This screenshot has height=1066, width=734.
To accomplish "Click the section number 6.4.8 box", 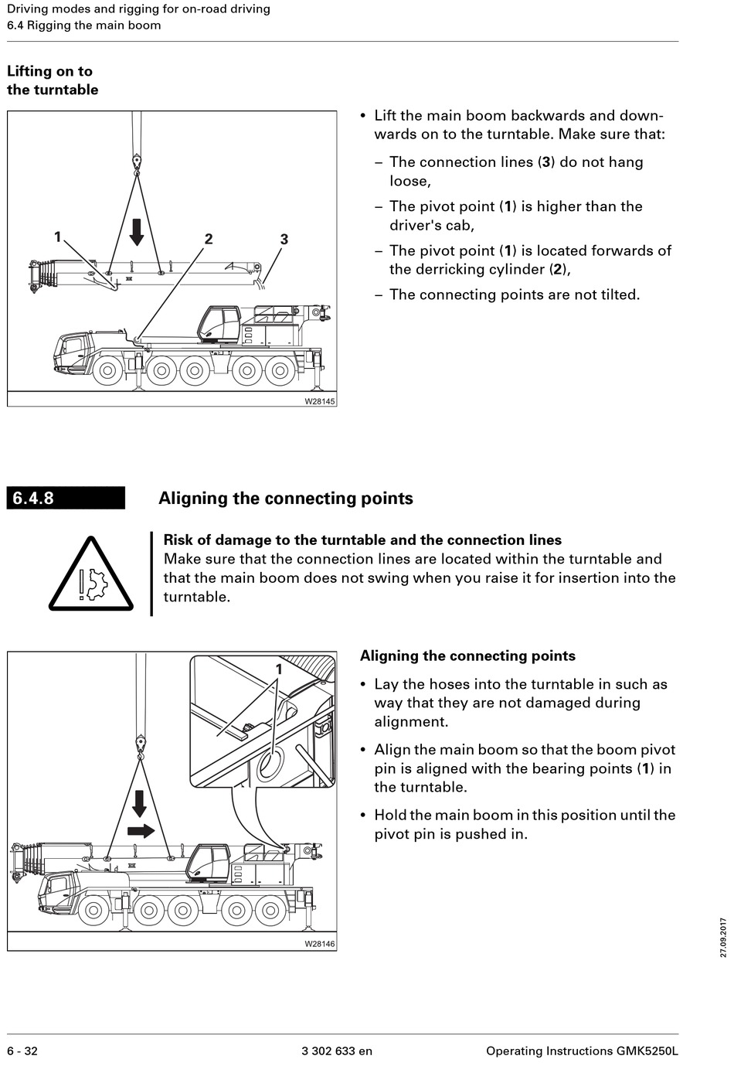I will tap(66, 498).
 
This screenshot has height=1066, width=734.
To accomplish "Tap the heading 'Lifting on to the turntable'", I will tap(53, 80).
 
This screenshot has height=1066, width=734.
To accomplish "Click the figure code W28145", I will tap(319, 401).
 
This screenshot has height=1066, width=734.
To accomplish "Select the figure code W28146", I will tap(319, 944).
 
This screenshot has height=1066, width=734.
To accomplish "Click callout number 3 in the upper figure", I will tap(284, 239).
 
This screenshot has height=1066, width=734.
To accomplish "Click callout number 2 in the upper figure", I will tap(209, 239).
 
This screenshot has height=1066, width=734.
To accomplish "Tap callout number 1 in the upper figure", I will tap(57, 237).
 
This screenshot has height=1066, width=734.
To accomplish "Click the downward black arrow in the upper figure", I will tap(137, 231).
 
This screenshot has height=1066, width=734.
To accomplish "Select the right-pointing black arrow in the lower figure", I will tap(140, 831).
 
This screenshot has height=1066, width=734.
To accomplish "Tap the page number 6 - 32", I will tap(22, 1051).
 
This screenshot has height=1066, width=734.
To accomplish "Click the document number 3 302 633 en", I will tap(336, 1051).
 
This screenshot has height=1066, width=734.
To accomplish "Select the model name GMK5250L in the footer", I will tap(647, 1051).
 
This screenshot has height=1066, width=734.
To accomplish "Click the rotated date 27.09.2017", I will tap(723, 937).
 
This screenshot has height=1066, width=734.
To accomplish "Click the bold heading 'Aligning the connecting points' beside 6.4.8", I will tap(285, 499).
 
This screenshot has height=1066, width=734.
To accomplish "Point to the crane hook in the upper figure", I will tap(137, 163).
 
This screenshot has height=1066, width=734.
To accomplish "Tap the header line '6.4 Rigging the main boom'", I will tap(84, 25).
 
